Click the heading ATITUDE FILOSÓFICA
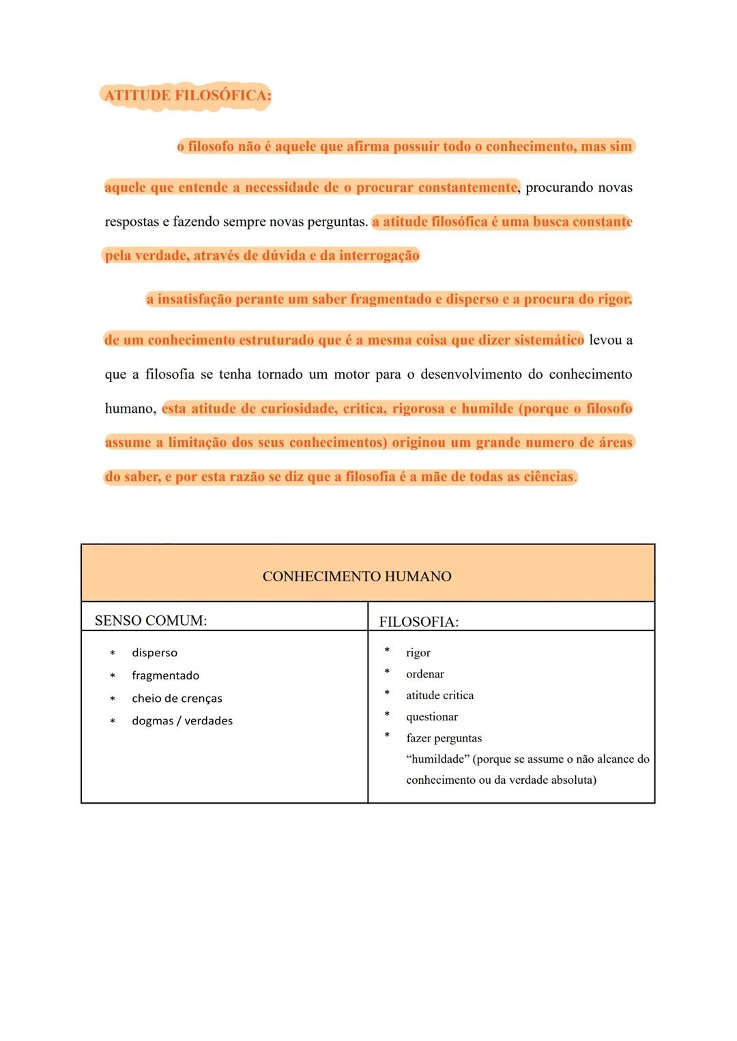(187, 96)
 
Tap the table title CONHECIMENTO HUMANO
(357, 576)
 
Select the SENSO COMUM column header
(151, 621)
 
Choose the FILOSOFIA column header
(418, 622)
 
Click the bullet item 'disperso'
(154, 653)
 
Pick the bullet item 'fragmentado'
(165, 675)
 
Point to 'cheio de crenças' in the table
(177, 699)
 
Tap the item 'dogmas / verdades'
(182, 721)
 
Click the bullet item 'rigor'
(418, 653)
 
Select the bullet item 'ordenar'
(424, 674)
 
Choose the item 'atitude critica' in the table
(439, 695)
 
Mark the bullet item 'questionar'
(431, 717)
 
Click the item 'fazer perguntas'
(444, 738)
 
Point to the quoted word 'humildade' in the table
(437, 759)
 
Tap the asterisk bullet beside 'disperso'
(113, 654)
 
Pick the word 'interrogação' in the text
(379, 256)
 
